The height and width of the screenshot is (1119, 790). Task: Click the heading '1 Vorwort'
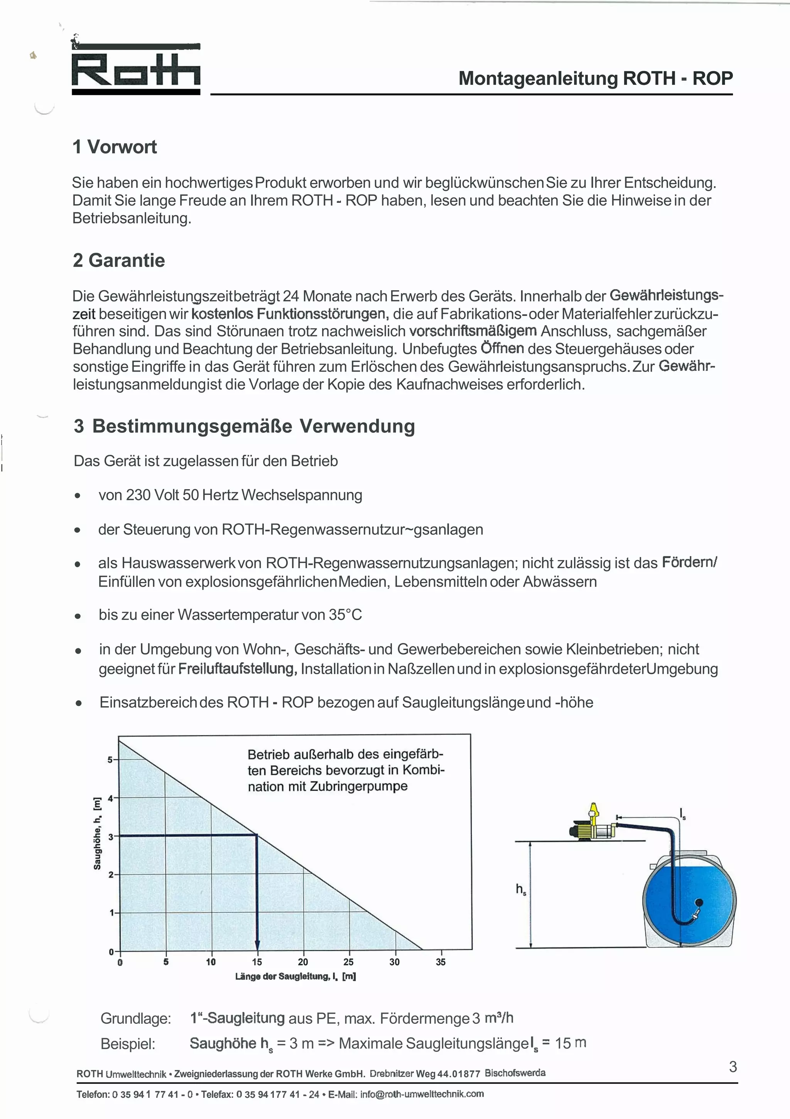point(115,147)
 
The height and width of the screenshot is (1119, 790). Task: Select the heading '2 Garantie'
point(119,260)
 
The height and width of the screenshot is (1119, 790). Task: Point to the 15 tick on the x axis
point(257,962)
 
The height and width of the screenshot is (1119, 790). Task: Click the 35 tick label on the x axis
point(441,962)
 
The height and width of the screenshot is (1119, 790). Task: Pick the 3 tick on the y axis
point(111,837)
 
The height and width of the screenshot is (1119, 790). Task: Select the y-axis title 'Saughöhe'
point(98,833)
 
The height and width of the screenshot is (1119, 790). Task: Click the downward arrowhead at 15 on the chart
point(257,944)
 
